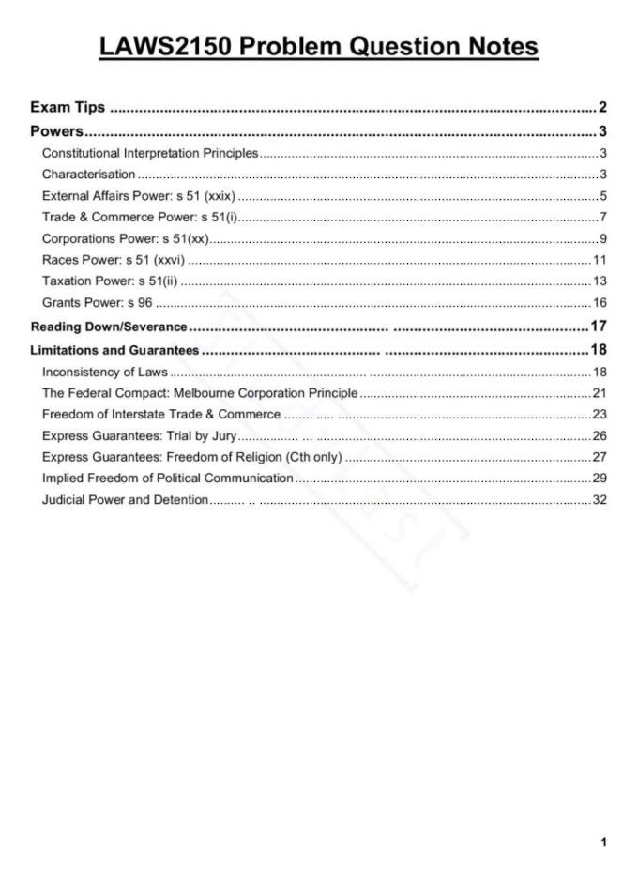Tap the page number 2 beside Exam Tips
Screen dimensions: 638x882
(602, 108)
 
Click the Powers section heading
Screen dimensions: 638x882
(57, 131)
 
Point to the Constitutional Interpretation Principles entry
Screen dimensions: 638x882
(149, 153)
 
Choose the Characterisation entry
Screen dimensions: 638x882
(88, 175)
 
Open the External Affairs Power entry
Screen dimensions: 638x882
(138, 196)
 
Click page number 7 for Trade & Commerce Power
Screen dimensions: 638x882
(603, 218)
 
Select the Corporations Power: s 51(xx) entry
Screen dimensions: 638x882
(125, 238)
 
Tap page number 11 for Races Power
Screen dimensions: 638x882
(600, 260)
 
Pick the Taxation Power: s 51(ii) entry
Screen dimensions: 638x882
(110, 281)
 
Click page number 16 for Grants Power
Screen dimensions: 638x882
(600, 302)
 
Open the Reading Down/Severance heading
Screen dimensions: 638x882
(109, 327)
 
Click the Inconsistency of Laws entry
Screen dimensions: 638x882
(104, 373)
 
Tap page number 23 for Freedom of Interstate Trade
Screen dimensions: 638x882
(600, 415)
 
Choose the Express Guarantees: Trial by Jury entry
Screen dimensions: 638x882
(139, 436)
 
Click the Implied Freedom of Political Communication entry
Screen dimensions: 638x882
(167, 479)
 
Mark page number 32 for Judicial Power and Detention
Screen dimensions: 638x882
(600, 500)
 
